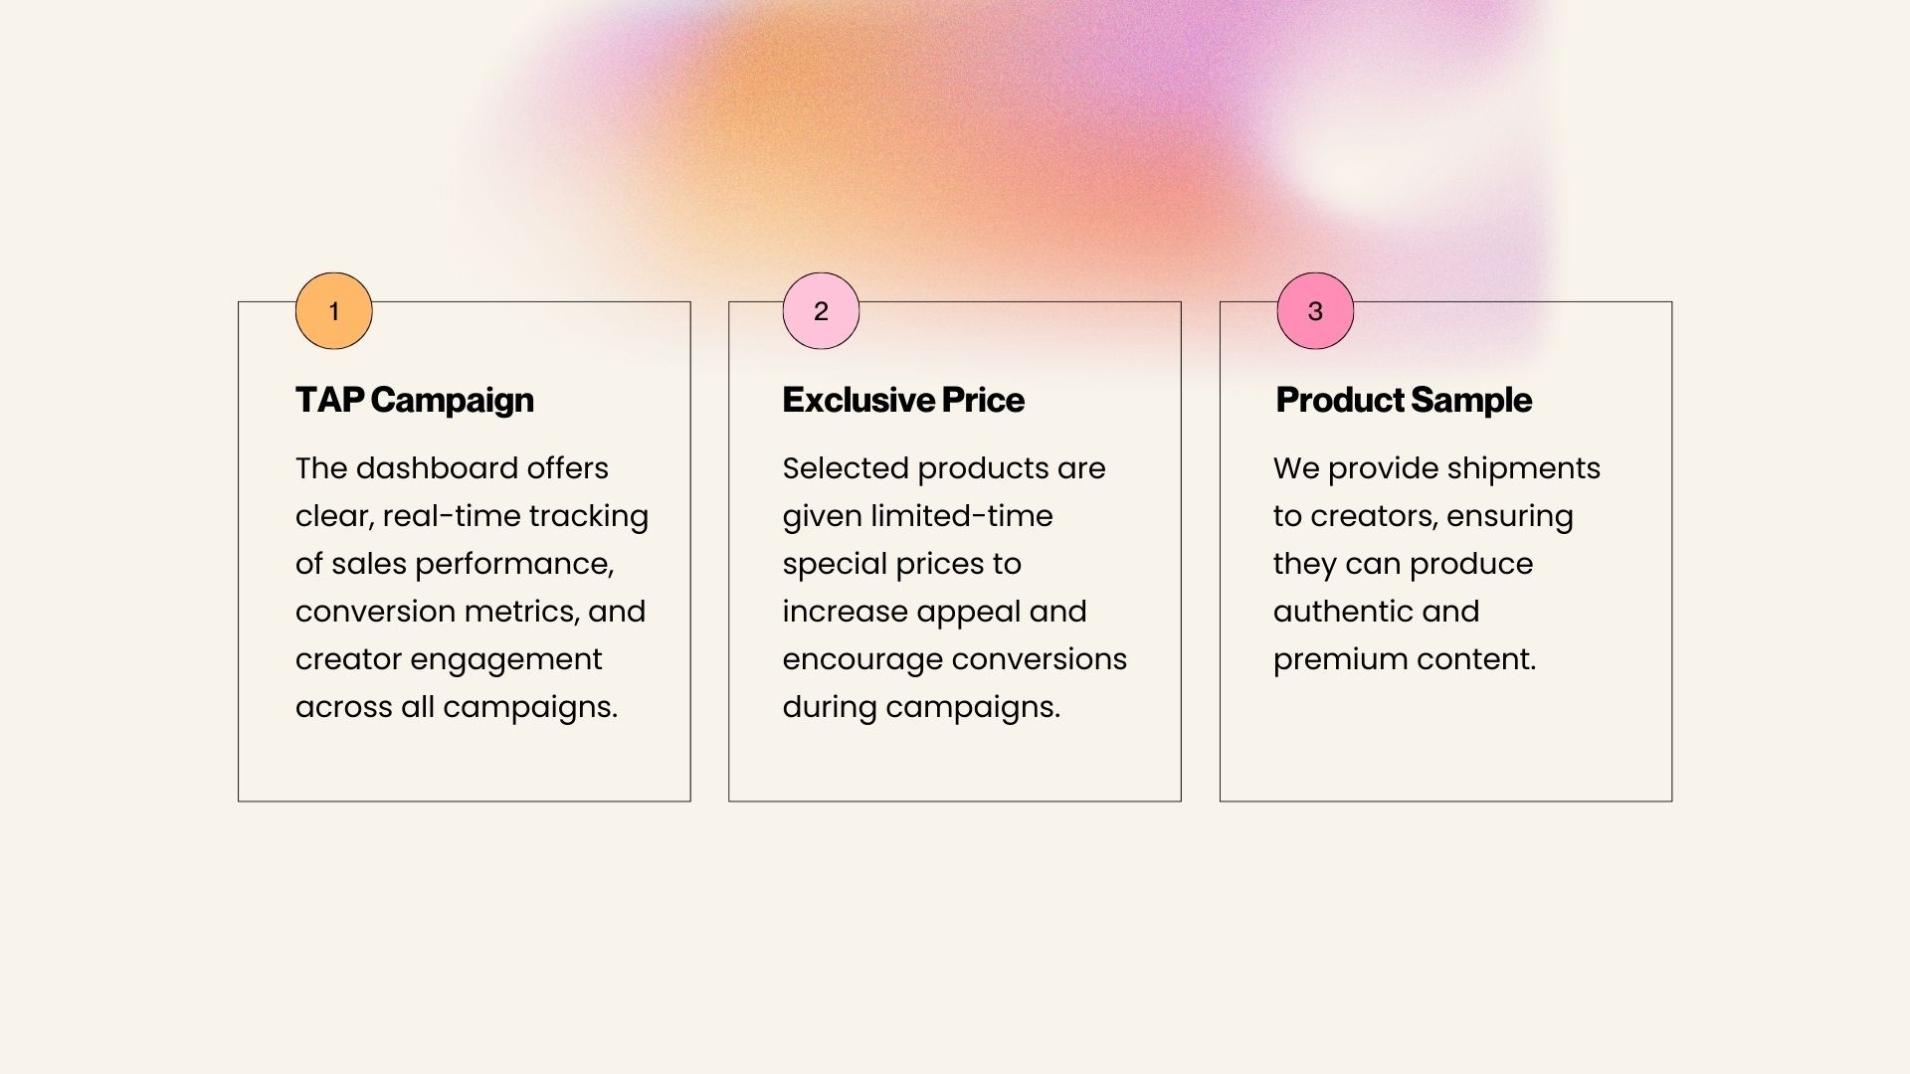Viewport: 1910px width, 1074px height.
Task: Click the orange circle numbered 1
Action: pos(334,311)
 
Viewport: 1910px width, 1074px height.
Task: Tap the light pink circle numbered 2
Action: pos(821,311)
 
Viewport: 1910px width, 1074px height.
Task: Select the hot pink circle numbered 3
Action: pos(1315,311)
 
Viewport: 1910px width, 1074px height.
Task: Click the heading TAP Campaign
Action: pos(415,400)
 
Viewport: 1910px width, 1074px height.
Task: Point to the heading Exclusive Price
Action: pos(903,400)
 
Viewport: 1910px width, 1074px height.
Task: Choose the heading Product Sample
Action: pos(1404,400)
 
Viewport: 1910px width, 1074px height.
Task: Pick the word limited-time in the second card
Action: pos(962,517)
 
